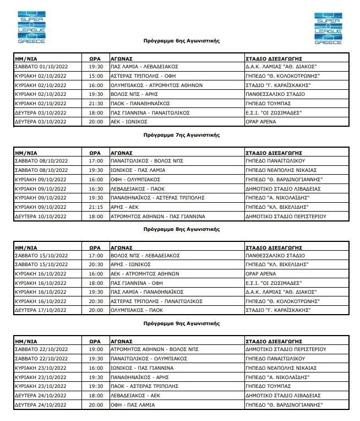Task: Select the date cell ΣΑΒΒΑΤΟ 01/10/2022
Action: [41, 67]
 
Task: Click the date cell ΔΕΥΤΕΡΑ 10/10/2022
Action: [41, 217]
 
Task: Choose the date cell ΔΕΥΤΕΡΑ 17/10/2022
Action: [41, 310]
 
